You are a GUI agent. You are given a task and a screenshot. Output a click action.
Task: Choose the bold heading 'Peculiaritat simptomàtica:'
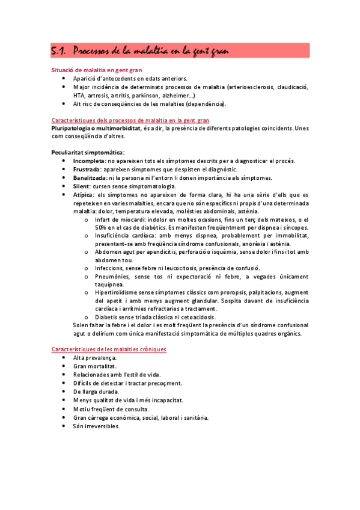coord(88,153)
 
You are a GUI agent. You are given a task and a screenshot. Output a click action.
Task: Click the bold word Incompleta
coord(89,161)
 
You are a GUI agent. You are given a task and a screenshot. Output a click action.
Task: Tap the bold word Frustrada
coord(88,170)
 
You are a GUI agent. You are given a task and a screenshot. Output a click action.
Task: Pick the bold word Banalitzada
coord(90,178)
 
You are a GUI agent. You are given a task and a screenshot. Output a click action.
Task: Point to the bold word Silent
coord(81,186)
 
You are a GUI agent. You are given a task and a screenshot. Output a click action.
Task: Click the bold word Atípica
coord(84,195)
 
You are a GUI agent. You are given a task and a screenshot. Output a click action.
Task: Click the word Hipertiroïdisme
coord(118,292)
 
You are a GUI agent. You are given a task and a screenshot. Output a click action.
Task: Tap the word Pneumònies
coord(111,275)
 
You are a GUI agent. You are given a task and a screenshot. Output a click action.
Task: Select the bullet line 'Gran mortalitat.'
coord(95,366)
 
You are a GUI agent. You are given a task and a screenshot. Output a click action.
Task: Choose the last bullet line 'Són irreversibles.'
coord(96,426)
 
